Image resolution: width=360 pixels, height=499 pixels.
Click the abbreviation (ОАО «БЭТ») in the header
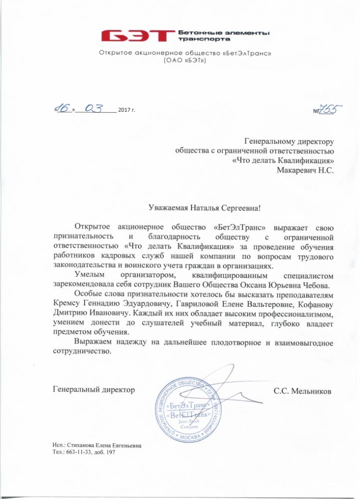[x=184, y=60]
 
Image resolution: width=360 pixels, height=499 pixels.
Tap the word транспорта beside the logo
[x=200, y=38]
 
